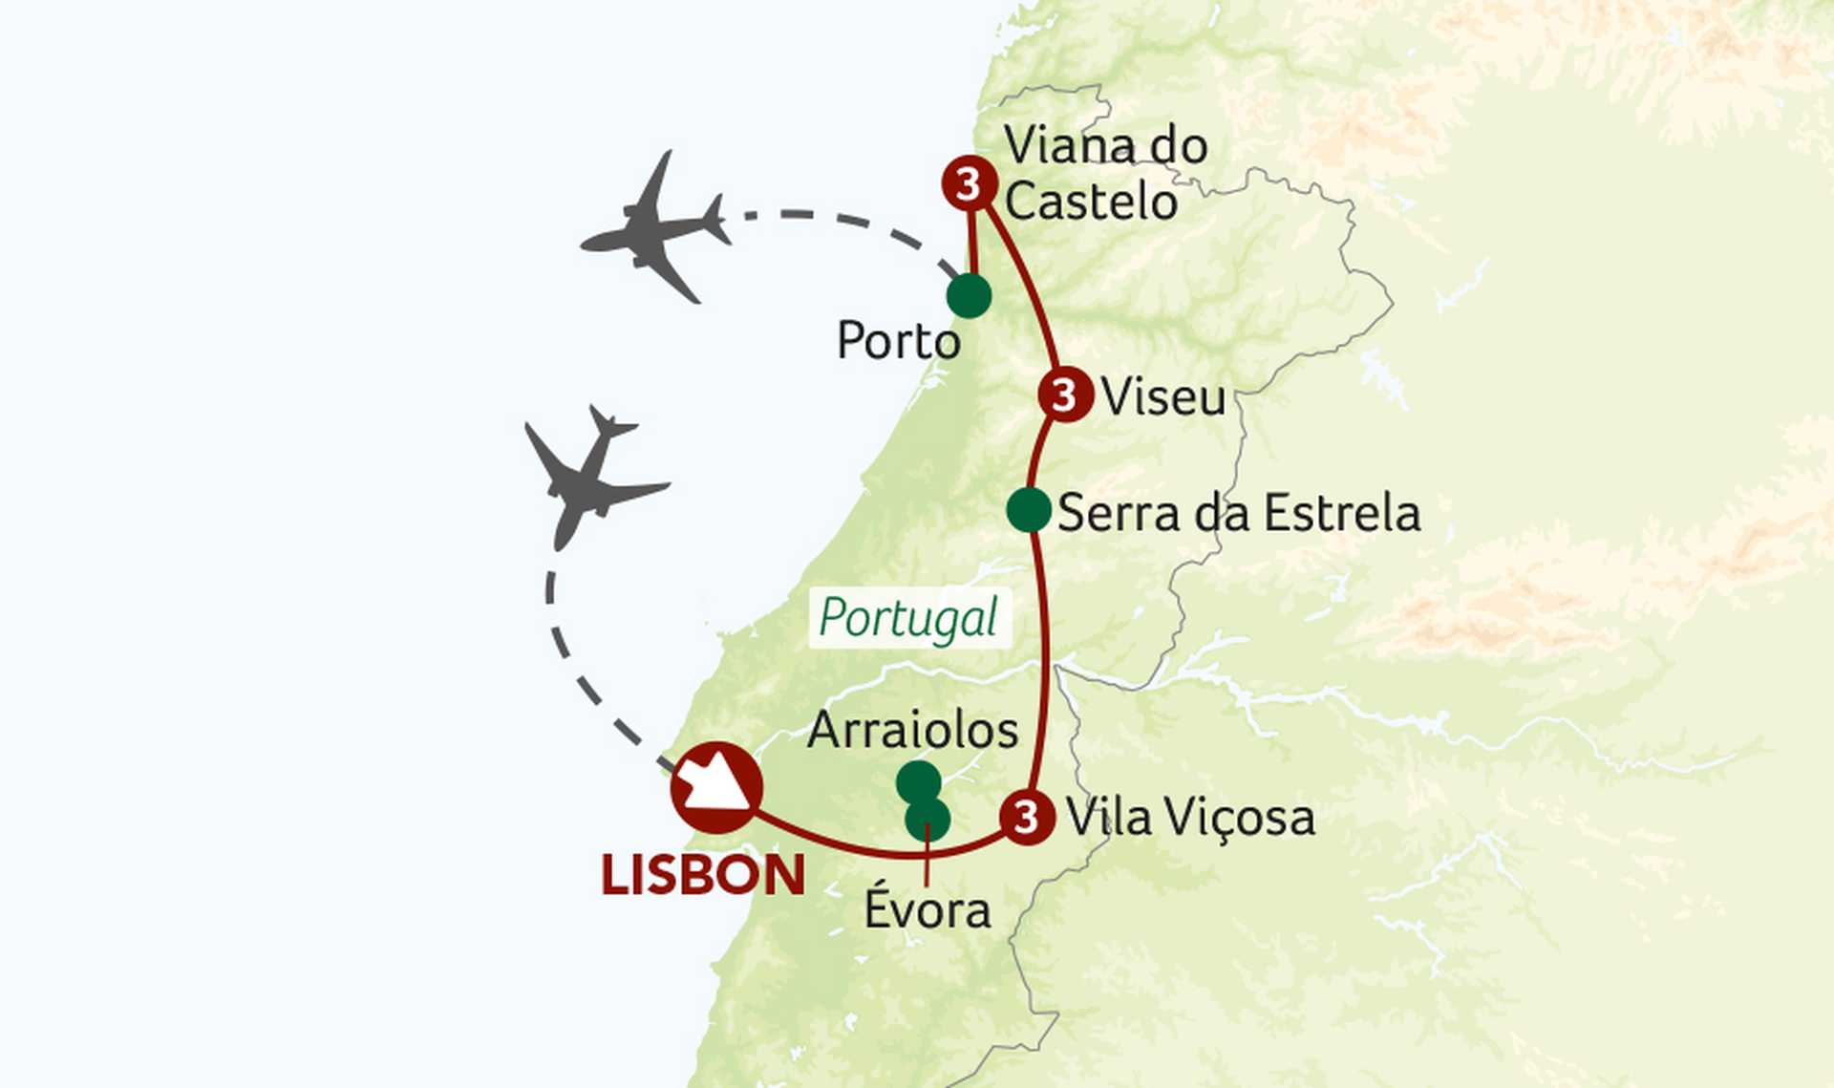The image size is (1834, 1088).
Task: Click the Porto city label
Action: click(898, 341)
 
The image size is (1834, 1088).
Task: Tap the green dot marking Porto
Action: click(969, 295)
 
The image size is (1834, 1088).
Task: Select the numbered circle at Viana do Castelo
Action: click(969, 182)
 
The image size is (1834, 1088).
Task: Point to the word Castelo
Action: click(1091, 202)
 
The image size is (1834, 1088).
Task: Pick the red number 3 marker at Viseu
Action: click(1065, 394)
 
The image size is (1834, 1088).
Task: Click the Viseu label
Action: click(1162, 396)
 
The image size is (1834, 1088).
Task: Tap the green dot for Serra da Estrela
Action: click(1029, 509)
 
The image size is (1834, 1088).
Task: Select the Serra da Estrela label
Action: click(1239, 513)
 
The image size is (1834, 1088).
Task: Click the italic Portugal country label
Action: click(908, 618)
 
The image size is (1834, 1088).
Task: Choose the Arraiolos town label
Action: click(913, 731)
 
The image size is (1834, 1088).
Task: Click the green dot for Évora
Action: click(928, 820)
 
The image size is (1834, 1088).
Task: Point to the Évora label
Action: click(927, 909)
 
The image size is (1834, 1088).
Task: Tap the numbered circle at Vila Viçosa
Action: click(1027, 817)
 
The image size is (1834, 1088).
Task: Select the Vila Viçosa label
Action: click(1190, 818)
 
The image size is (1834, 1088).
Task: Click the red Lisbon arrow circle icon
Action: click(716, 787)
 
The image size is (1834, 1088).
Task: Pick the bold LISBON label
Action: click(703, 875)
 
